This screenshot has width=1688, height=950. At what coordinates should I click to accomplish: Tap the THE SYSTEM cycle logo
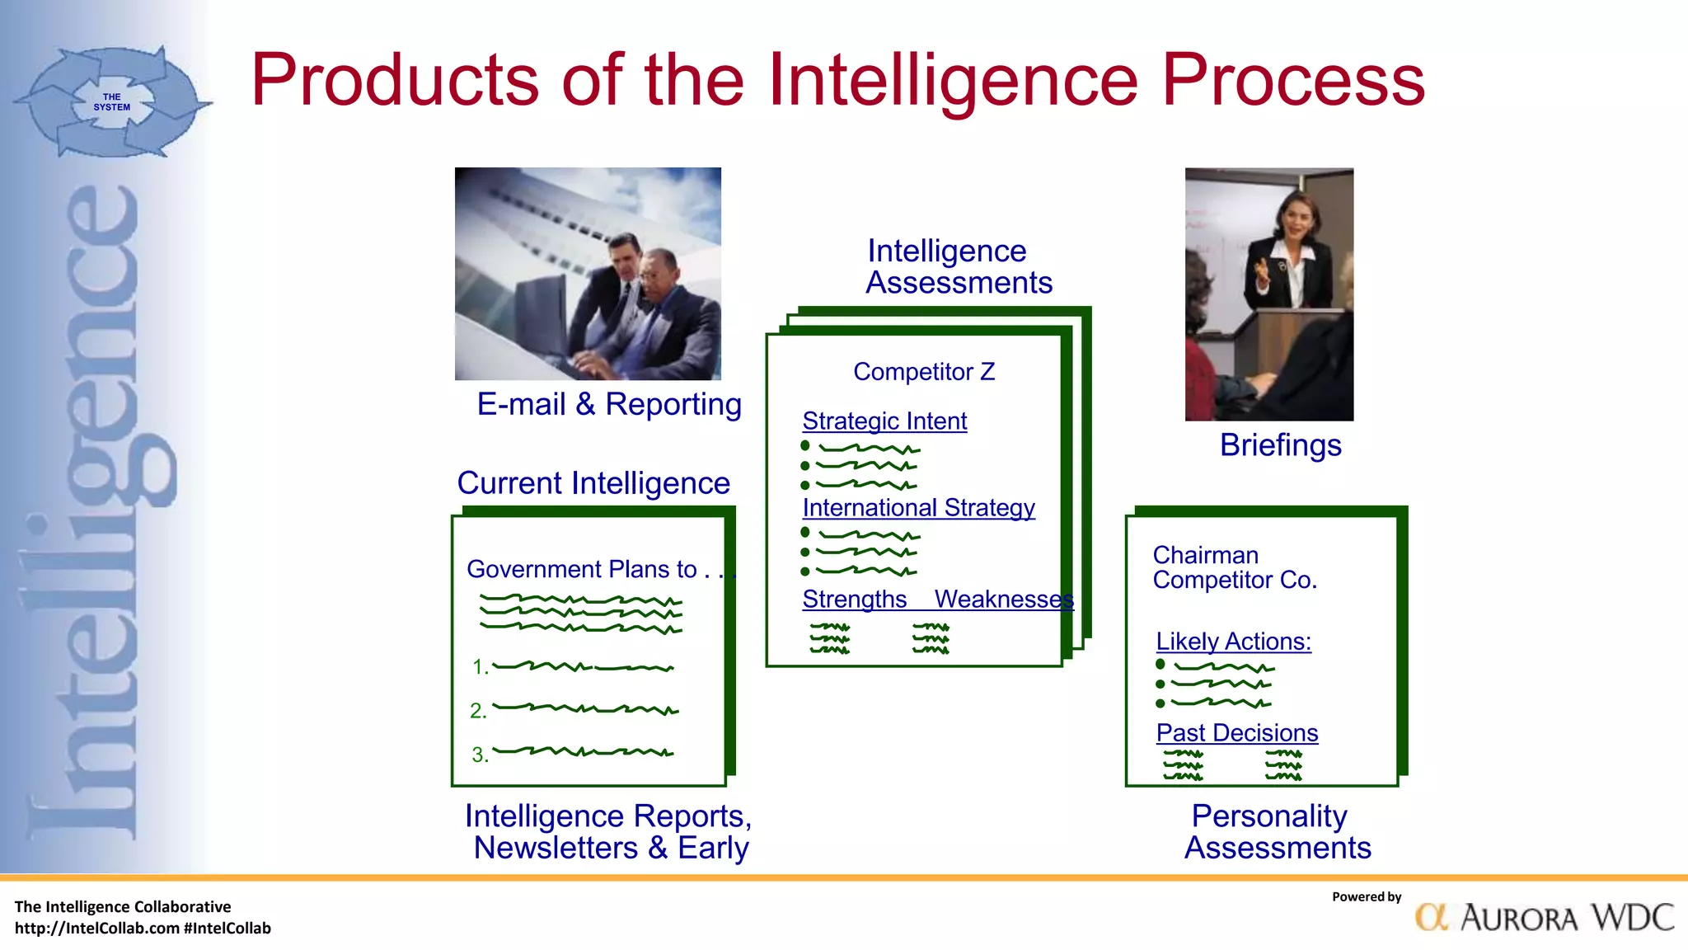click(x=112, y=102)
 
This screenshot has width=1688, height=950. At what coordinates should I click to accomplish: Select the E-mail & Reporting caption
click(x=609, y=404)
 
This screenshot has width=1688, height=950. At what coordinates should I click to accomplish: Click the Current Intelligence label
click(x=593, y=482)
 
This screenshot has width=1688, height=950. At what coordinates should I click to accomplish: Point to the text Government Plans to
click(x=582, y=569)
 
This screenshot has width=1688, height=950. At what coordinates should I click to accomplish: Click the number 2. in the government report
click(x=478, y=711)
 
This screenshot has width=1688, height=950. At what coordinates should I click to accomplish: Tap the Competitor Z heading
click(x=924, y=372)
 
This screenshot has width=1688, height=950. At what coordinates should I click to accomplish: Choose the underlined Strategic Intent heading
click(x=884, y=421)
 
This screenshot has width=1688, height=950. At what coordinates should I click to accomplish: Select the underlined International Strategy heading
click(x=918, y=507)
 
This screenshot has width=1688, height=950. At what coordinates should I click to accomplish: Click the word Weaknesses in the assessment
click(x=1003, y=599)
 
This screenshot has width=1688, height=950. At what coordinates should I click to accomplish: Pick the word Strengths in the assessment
click(x=854, y=599)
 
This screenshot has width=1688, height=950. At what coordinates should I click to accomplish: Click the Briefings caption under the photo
click(x=1280, y=445)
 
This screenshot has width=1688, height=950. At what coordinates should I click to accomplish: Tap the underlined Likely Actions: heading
click(x=1233, y=642)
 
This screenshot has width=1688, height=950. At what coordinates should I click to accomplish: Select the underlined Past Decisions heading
click(x=1236, y=732)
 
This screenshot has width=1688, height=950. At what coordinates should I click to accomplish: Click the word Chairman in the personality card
click(x=1205, y=555)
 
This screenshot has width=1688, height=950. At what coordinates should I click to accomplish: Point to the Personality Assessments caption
click(x=1277, y=831)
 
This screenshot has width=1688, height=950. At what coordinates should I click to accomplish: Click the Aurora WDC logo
click(x=1545, y=917)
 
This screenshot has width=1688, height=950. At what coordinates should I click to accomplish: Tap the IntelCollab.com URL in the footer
click(x=97, y=929)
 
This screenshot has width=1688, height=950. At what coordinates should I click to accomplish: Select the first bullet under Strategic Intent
click(x=805, y=446)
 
